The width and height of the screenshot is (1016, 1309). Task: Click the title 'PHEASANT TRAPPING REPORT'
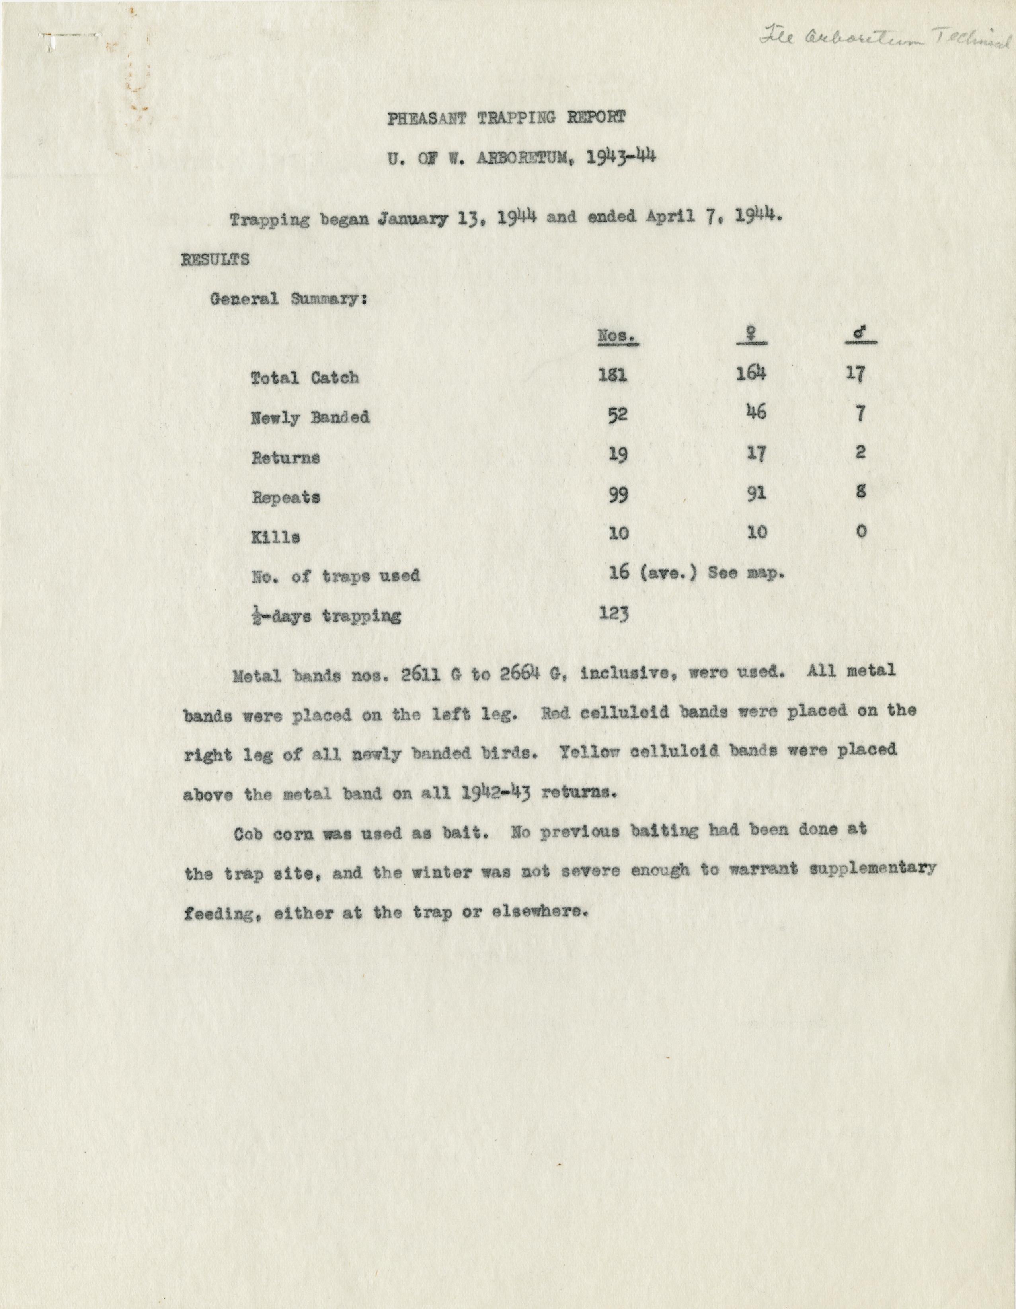[x=507, y=117]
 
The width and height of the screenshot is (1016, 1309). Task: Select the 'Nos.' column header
[x=617, y=337]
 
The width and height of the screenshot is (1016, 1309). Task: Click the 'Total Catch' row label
[x=304, y=378]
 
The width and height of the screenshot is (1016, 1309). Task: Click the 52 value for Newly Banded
[x=617, y=416]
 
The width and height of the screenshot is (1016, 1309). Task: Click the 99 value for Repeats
[x=617, y=496]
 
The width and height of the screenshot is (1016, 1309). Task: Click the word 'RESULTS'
[x=215, y=259]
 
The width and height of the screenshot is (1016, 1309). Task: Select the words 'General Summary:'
[x=288, y=299]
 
